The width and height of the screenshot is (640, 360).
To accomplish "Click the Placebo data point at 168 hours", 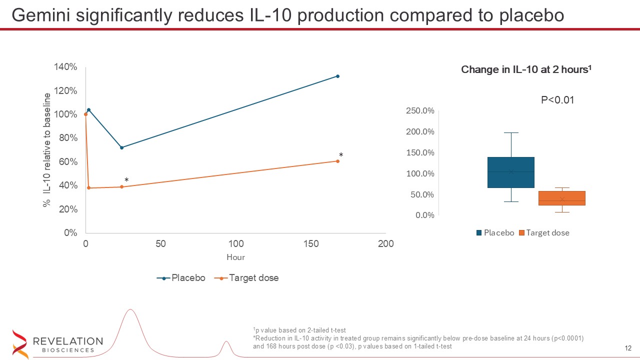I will (x=337, y=76).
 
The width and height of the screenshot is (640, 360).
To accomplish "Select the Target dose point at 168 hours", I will (x=337, y=161).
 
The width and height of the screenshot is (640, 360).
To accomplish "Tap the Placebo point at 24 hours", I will (x=121, y=147).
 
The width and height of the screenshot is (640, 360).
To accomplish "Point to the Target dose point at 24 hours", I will (x=121, y=187).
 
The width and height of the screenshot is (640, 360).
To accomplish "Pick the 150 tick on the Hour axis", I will (x=311, y=244).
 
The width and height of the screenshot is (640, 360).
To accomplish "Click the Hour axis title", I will (x=235, y=257).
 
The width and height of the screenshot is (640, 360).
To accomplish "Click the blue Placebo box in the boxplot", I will (x=511, y=172).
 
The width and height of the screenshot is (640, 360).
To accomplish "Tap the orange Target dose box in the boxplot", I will (x=562, y=198).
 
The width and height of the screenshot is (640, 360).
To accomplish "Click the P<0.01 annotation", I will (x=557, y=100).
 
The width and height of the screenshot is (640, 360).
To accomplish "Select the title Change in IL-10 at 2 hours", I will (x=526, y=70).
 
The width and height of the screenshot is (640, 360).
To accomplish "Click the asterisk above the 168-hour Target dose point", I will (x=341, y=155).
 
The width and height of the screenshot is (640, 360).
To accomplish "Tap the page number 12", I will (x=628, y=348).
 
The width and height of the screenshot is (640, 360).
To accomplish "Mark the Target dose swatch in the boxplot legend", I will (x=522, y=233).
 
